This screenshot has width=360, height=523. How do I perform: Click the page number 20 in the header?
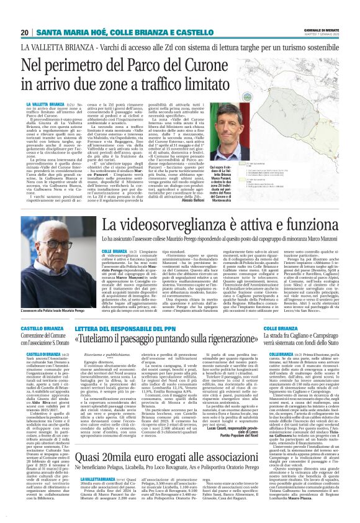tap(24, 32)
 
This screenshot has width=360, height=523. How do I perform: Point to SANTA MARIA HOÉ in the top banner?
tap(67, 32)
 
